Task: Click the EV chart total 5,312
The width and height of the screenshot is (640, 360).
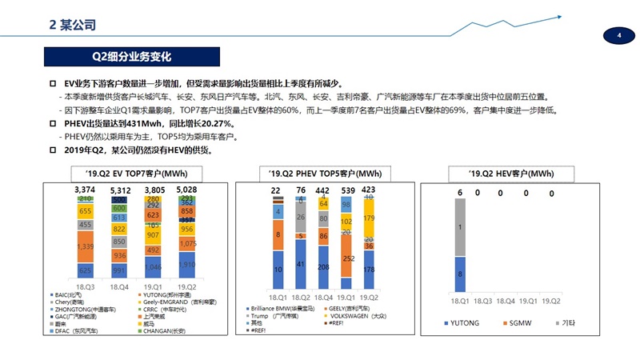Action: (120, 190)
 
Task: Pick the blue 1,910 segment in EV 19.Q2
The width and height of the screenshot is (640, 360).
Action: (187, 265)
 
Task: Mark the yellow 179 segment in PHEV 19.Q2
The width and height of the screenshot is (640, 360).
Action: (368, 218)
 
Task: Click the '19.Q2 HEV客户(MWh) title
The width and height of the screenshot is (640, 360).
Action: (510, 174)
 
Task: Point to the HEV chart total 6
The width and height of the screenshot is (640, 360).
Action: (460, 193)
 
